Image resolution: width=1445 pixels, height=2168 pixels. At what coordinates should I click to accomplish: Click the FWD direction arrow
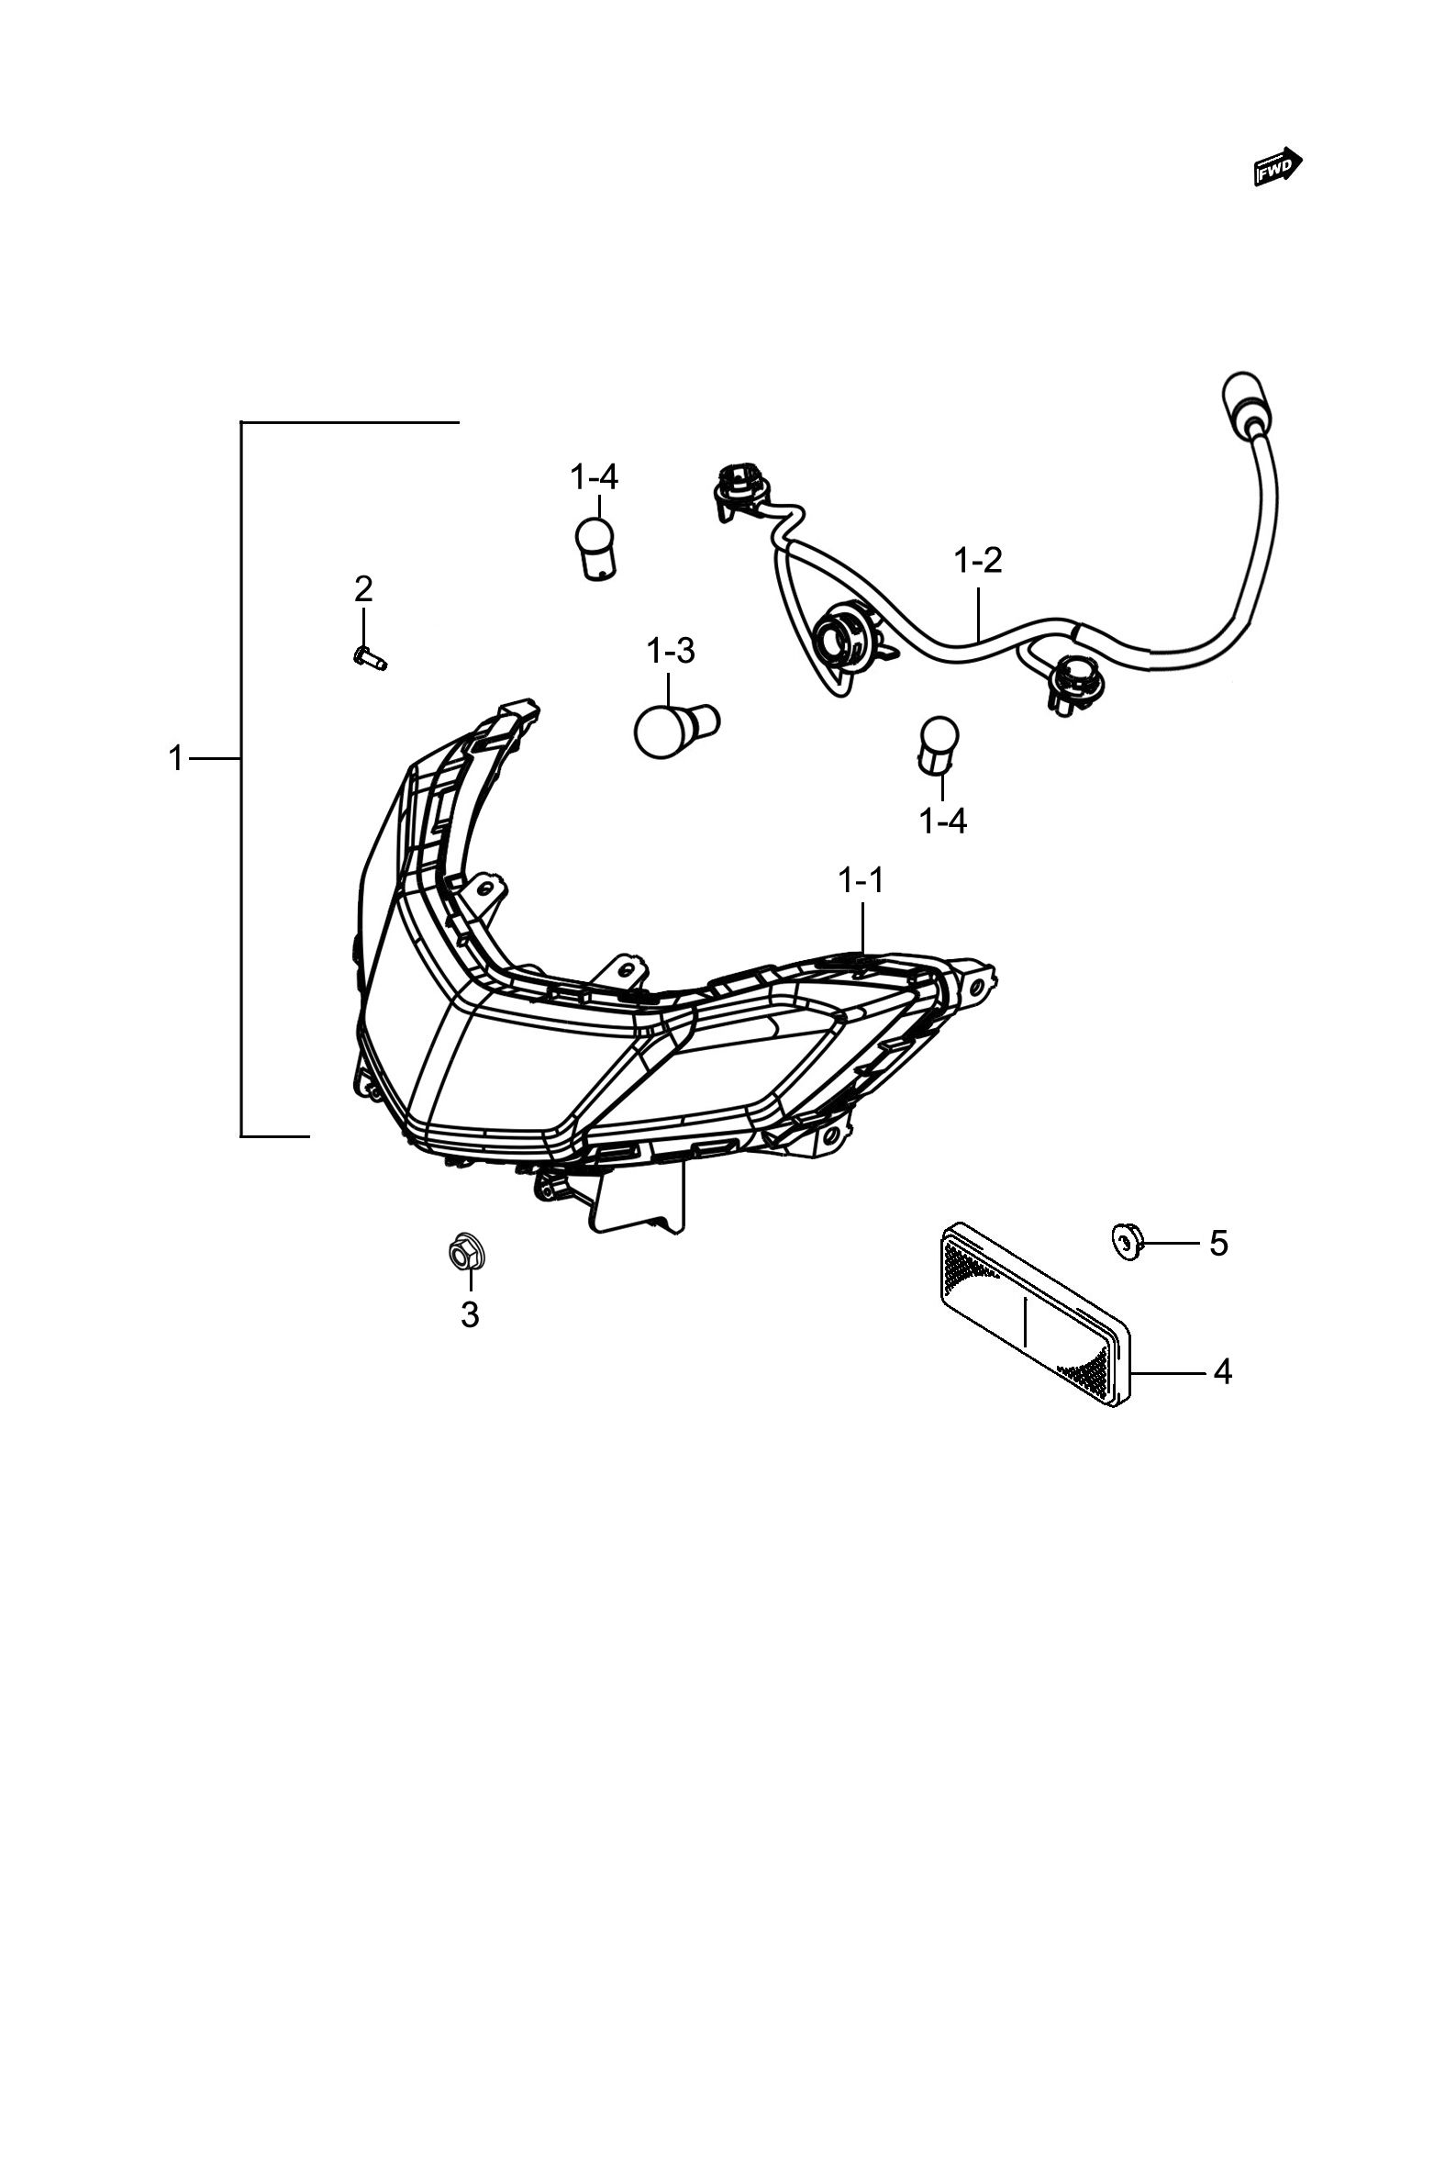(1278, 167)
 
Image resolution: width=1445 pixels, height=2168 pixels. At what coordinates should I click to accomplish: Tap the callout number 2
(364, 588)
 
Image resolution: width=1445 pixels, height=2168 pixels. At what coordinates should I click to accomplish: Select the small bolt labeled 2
(370, 657)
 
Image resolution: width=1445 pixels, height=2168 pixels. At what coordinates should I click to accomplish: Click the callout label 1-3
(671, 652)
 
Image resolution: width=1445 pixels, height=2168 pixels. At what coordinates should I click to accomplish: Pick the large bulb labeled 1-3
(675, 730)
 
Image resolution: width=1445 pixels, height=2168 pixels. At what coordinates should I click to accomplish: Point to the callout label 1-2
(978, 560)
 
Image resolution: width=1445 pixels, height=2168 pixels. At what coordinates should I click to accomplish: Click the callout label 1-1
(861, 880)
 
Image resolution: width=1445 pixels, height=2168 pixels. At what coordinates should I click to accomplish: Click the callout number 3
(470, 1314)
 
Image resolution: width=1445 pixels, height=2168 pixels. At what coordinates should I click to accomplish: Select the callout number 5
(1218, 1244)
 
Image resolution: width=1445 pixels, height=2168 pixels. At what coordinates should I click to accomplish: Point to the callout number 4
(1222, 1372)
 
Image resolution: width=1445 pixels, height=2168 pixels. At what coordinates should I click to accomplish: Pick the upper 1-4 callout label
(595, 477)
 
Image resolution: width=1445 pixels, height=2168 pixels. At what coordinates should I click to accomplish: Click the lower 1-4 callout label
(944, 821)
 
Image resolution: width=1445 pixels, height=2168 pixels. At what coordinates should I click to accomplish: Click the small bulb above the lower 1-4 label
(938, 745)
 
